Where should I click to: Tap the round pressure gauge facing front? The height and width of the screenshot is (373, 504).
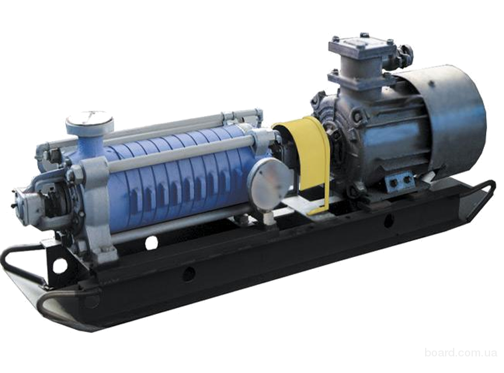271,182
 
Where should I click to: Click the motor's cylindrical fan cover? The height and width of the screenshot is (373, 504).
450,119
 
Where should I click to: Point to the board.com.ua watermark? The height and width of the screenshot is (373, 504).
461,352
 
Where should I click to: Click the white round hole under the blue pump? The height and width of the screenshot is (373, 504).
151,243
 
